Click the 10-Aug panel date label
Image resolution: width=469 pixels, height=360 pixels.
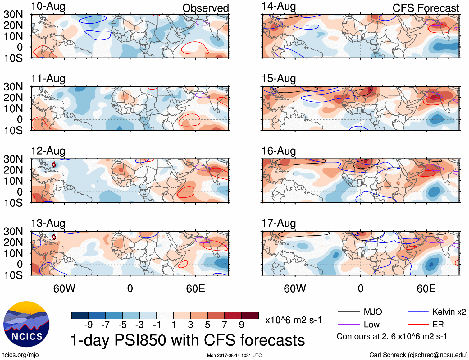(x=48, y=6)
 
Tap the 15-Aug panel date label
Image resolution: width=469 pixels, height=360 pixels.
(x=279, y=79)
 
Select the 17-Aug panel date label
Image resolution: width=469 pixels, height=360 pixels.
(x=279, y=223)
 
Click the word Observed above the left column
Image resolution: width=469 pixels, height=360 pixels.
(x=205, y=8)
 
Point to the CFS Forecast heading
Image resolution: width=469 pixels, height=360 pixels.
(x=426, y=8)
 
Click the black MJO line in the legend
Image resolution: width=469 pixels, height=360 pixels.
(x=348, y=312)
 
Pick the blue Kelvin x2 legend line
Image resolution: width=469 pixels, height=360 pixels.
(x=418, y=312)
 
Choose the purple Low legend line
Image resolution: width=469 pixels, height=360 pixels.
(x=348, y=325)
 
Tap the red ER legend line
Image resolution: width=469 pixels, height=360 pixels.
(x=418, y=325)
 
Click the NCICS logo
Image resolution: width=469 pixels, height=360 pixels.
(x=26, y=324)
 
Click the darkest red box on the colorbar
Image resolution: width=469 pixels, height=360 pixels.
(x=250, y=315)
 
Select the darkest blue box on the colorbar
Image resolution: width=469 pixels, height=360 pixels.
(x=80, y=315)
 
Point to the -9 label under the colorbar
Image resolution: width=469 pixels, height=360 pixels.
(x=88, y=325)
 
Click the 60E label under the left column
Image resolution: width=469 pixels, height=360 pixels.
(x=195, y=288)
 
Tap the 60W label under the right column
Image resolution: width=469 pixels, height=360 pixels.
(x=295, y=288)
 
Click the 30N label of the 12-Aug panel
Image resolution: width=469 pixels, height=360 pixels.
(x=13, y=159)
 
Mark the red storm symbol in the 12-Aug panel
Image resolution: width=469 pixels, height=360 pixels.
(x=54, y=164)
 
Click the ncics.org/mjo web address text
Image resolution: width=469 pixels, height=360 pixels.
(x=20, y=355)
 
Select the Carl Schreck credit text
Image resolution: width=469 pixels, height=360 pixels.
(x=418, y=355)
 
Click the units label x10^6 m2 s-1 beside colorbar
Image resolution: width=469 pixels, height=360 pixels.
(x=293, y=320)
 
